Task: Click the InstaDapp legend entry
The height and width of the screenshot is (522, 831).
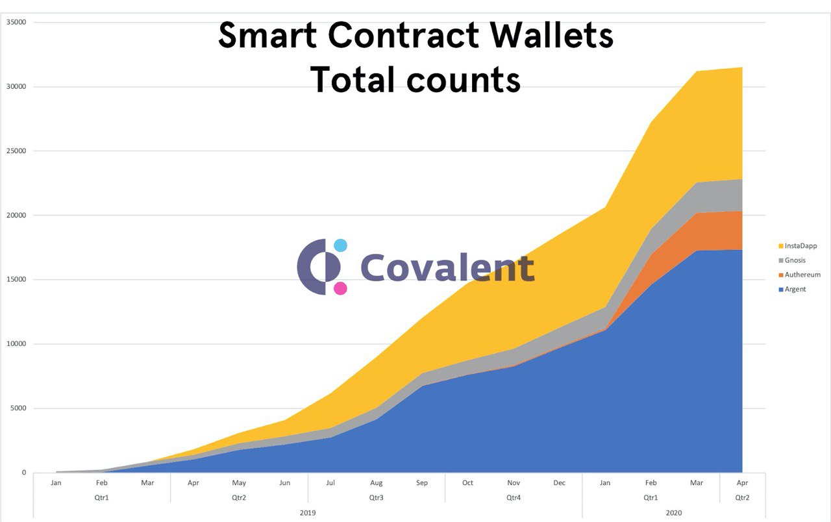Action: coord(799,246)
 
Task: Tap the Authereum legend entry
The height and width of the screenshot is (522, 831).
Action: coord(802,275)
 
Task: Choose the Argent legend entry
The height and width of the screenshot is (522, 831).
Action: coord(795,289)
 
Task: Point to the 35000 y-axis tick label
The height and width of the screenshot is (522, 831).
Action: coord(16,22)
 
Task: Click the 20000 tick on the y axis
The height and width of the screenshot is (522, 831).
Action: coord(16,216)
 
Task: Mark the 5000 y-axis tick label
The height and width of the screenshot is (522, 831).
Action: coord(18,408)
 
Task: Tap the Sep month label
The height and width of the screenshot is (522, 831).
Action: coord(422,483)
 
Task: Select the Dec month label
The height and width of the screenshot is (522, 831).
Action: coord(560,483)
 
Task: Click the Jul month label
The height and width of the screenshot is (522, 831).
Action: coord(330,483)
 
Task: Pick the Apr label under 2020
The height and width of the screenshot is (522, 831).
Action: coord(742,483)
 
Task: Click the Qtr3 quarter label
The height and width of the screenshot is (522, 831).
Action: coord(377,498)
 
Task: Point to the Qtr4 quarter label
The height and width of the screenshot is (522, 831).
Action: coord(514,498)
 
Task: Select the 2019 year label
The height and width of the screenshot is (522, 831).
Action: coord(308,513)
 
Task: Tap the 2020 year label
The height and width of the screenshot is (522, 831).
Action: coord(673,513)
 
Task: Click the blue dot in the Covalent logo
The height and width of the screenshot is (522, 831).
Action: coord(340,245)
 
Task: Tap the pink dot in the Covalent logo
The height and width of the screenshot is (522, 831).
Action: coord(340,288)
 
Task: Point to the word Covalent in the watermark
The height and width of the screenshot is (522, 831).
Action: coord(447,267)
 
